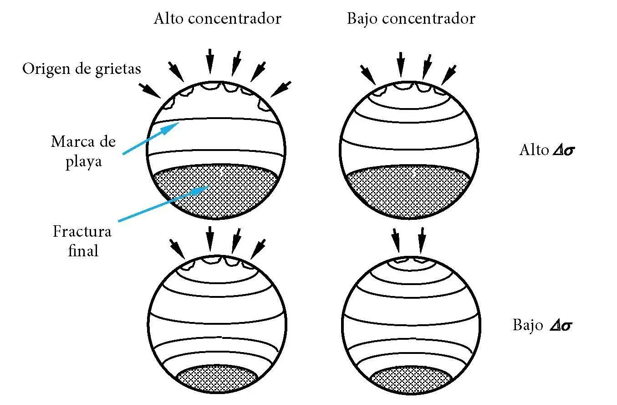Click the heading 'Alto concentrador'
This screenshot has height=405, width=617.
[x=217, y=19]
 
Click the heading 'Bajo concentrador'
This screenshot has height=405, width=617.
[x=411, y=19]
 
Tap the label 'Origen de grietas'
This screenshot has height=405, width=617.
[x=82, y=69]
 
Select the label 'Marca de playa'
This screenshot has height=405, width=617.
[x=83, y=151]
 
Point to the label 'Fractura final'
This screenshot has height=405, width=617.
[x=82, y=240]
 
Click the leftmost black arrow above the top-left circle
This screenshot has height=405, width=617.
[x=150, y=90]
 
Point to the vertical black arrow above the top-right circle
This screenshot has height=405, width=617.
[x=400, y=64]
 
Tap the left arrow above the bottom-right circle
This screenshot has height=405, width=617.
[x=396, y=240]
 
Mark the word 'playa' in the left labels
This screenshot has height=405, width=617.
[x=83, y=161]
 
